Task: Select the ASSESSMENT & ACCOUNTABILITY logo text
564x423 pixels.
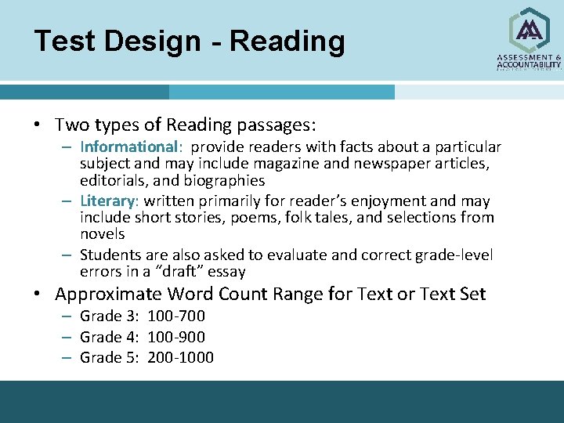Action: coord(530,62)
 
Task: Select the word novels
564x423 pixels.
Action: coord(102,234)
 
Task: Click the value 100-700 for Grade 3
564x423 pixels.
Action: coord(176,316)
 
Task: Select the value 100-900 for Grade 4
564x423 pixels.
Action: coord(176,338)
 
